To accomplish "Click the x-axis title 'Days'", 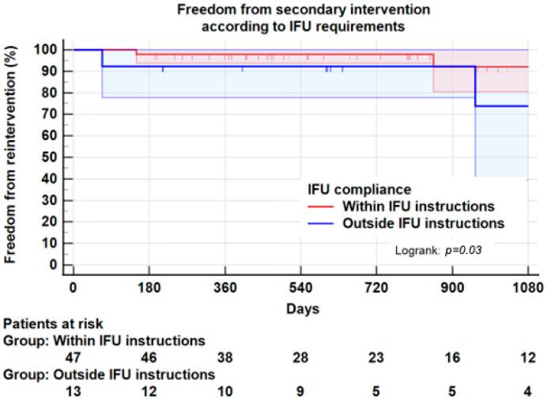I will pos(303,309).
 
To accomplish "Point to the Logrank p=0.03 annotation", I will pos(439,250).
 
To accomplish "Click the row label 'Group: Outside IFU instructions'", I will pos(109,372).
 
